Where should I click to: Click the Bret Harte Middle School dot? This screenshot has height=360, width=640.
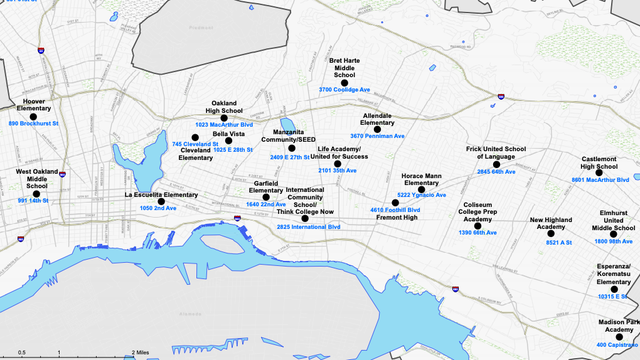click(344, 81)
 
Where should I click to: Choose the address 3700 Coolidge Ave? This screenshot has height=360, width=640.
click(344, 90)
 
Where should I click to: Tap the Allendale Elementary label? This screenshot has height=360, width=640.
click(377, 119)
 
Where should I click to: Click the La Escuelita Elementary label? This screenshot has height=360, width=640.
click(161, 194)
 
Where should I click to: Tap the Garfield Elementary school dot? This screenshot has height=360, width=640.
click(266, 196)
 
